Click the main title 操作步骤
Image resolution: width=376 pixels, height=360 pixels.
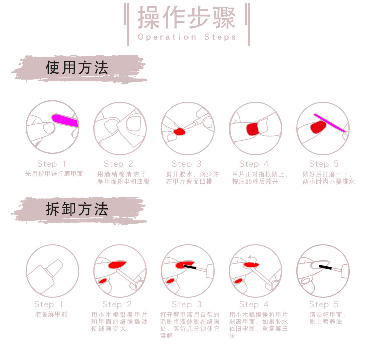(x=186, y=18)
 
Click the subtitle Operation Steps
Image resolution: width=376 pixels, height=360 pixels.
(x=186, y=37)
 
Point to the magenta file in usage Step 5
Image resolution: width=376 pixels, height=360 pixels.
(x=331, y=123)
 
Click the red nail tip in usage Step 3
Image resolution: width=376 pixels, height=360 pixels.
(x=179, y=131)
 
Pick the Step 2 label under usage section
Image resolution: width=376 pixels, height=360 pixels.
(x=118, y=164)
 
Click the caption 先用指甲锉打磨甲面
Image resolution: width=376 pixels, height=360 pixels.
(x=54, y=174)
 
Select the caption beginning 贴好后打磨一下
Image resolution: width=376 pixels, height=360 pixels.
(x=328, y=177)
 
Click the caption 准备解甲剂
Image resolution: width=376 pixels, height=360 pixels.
(x=51, y=314)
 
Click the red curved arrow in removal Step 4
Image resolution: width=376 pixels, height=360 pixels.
(x=252, y=258)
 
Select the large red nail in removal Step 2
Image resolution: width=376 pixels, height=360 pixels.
(x=116, y=264)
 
